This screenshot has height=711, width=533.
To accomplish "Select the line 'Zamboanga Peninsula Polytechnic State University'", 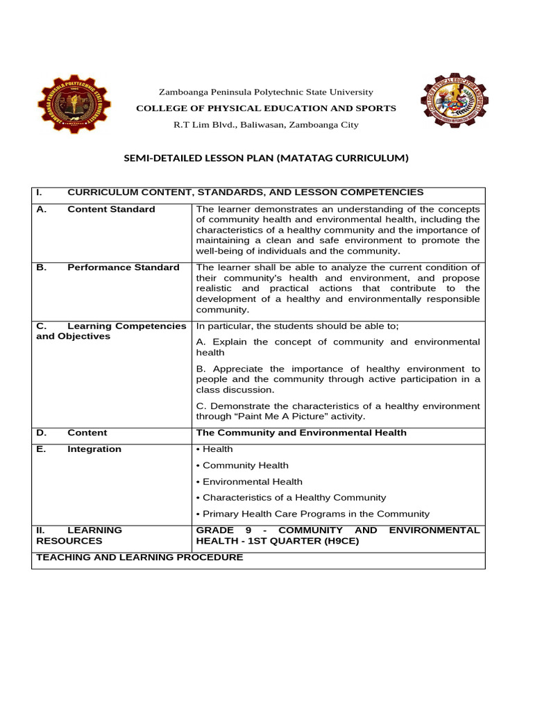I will (x=266, y=92).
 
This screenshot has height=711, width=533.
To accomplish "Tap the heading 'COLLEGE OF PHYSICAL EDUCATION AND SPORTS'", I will (x=266, y=108).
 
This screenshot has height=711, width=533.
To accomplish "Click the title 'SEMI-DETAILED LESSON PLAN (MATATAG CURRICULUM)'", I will (x=266, y=158).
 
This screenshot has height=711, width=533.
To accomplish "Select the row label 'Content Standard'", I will (x=111, y=209).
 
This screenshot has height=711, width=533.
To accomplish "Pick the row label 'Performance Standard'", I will (x=123, y=267).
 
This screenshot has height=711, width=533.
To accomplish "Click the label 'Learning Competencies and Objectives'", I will (x=111, y=331).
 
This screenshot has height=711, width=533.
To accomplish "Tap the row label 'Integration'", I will (x=94, y=449).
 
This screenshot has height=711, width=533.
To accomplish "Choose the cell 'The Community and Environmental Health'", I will (x=301, y=433).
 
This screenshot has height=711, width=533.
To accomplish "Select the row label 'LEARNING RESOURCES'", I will (x=78, y=535).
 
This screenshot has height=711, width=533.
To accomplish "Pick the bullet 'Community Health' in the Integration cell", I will (x=245, y=465).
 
